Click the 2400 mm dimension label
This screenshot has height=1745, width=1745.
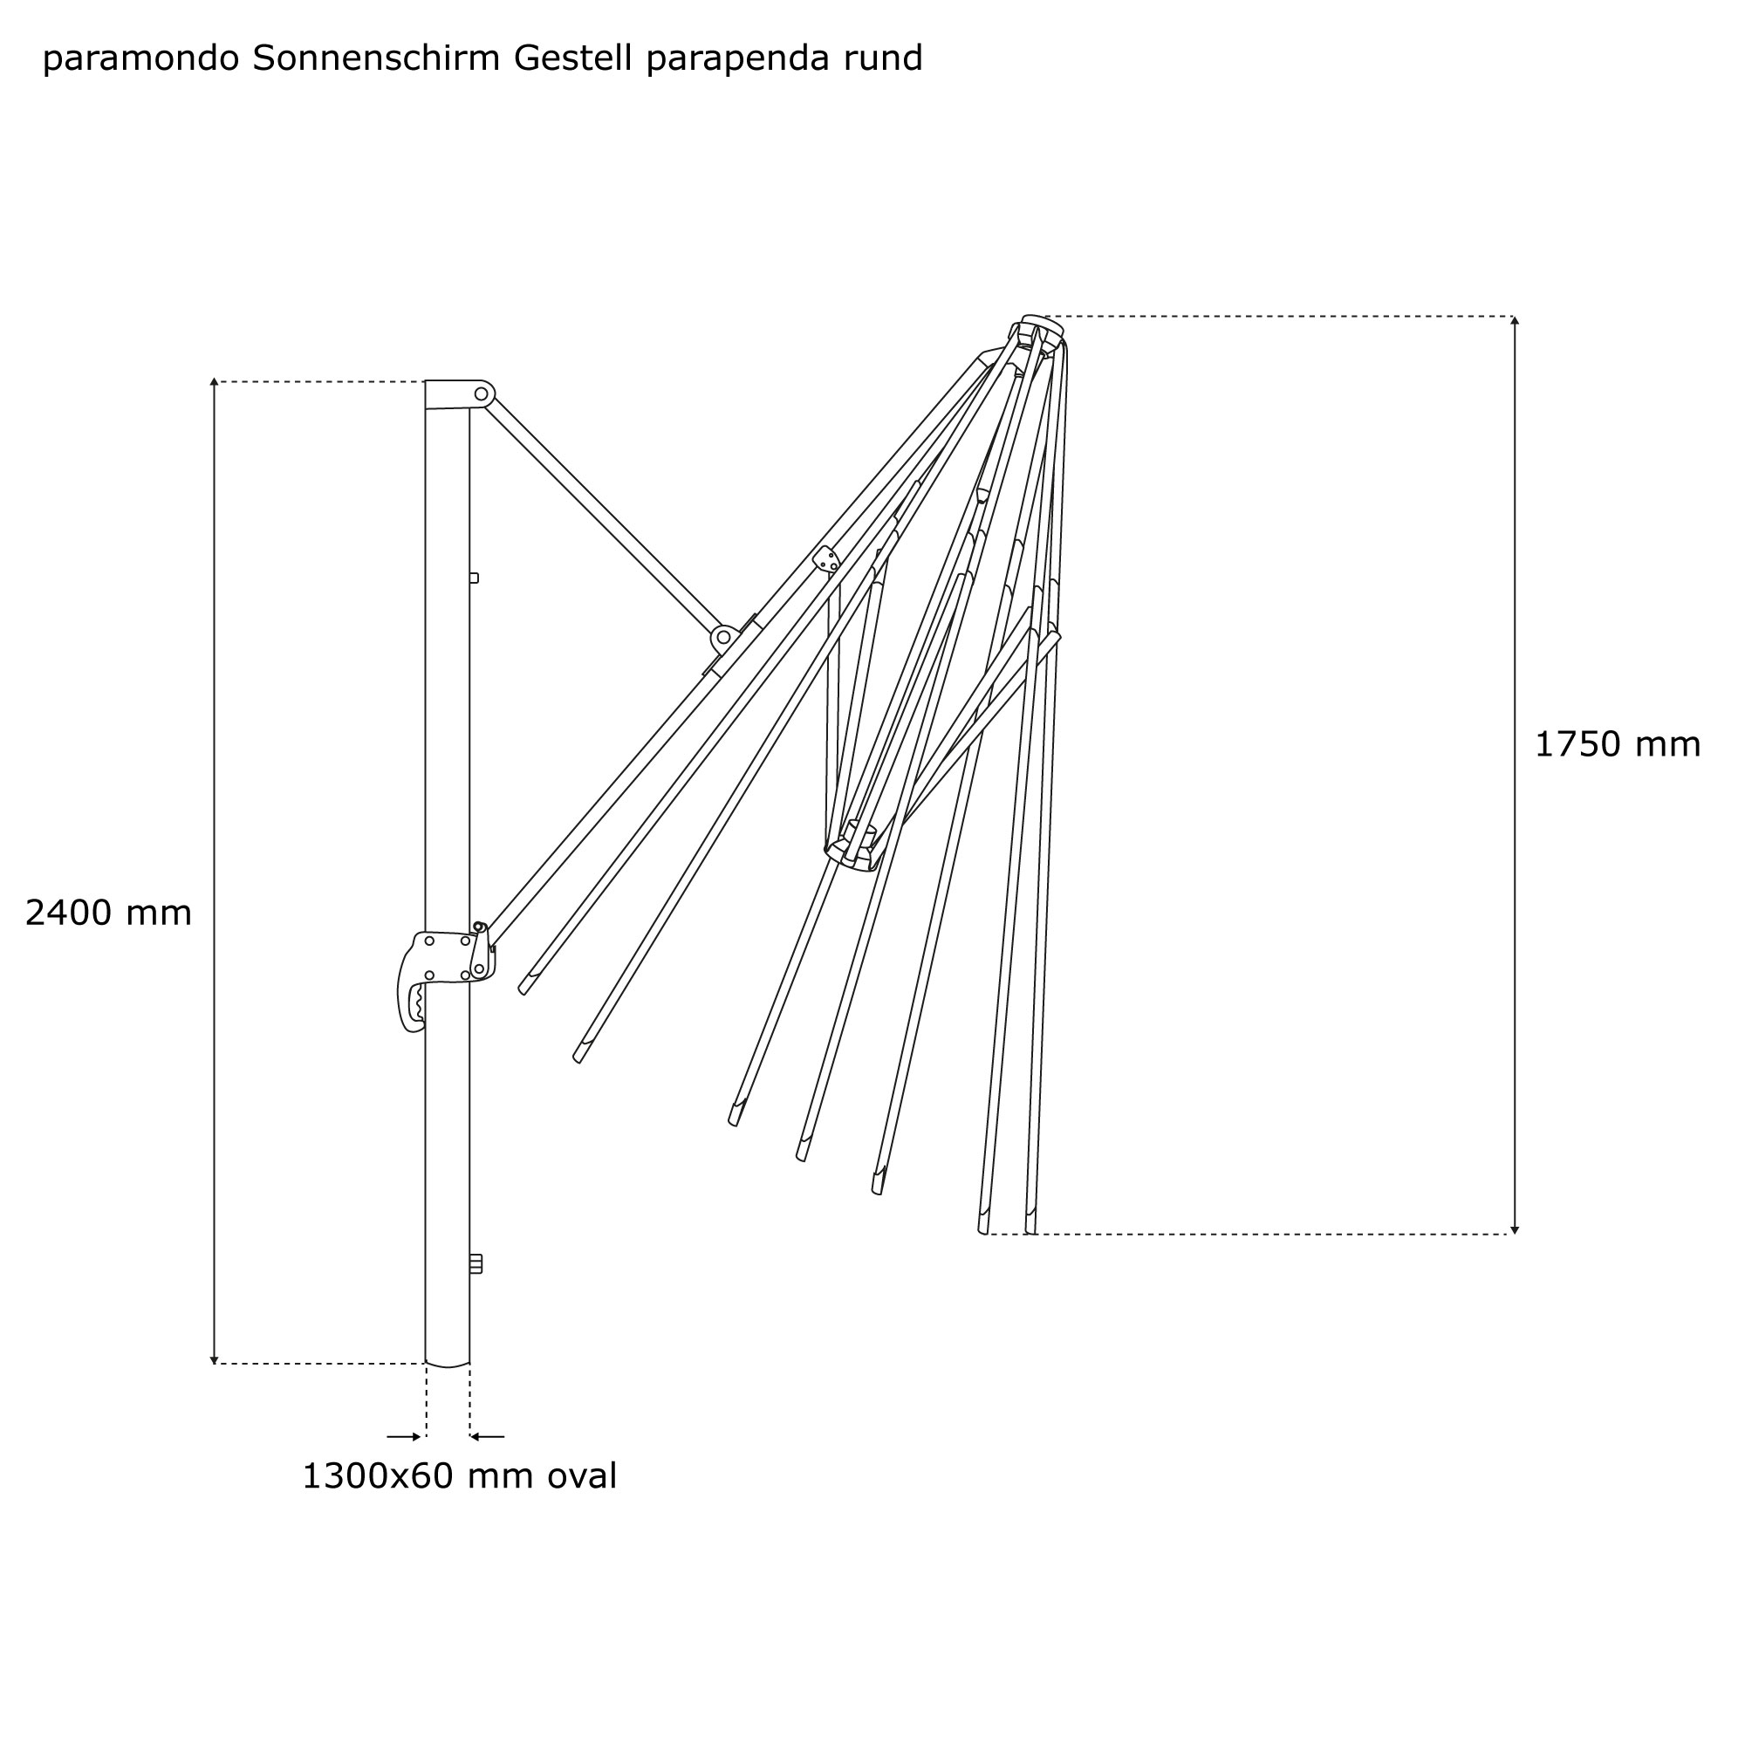pos(108,914)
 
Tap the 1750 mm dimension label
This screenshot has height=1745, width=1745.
pos(1617,744)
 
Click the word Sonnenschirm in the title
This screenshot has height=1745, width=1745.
pos(376,58)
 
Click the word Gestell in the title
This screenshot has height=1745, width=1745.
pos(571,58)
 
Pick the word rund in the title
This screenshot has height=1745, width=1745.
pos(883,58)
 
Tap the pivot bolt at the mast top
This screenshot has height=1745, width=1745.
pos(482,393)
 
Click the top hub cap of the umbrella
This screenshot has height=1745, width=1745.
pos(1043,323)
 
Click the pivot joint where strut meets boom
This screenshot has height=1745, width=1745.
pos(723,638)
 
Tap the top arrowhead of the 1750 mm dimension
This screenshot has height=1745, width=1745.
pos(1515,320)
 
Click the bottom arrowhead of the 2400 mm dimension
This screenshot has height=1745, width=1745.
pos(214,1359)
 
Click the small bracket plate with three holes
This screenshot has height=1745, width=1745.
pos(826,560)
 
